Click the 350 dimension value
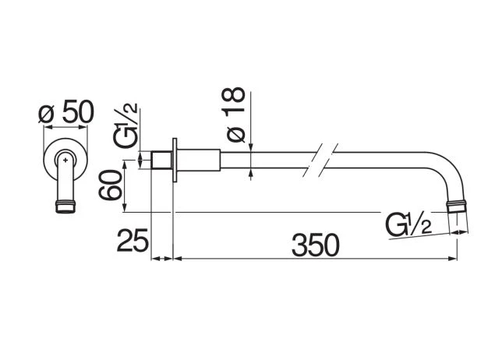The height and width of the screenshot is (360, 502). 315,245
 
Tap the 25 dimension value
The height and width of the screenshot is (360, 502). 133,240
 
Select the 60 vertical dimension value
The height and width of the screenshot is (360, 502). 110,185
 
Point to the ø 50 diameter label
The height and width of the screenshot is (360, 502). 66,111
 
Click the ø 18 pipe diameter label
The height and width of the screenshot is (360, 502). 233,115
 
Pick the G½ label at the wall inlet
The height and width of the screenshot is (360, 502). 125,125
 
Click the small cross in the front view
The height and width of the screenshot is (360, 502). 65,159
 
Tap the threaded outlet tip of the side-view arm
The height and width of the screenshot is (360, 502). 458,206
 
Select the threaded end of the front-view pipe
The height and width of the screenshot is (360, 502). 65,206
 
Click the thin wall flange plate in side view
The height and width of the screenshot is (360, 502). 175,160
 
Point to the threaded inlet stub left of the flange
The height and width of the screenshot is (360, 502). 161,160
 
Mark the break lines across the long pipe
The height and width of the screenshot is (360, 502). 320,160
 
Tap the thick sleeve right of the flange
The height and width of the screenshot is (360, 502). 199,160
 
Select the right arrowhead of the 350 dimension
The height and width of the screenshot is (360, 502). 454,258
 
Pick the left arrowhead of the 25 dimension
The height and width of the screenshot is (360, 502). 155,258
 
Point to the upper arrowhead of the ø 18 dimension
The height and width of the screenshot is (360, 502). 251,147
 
